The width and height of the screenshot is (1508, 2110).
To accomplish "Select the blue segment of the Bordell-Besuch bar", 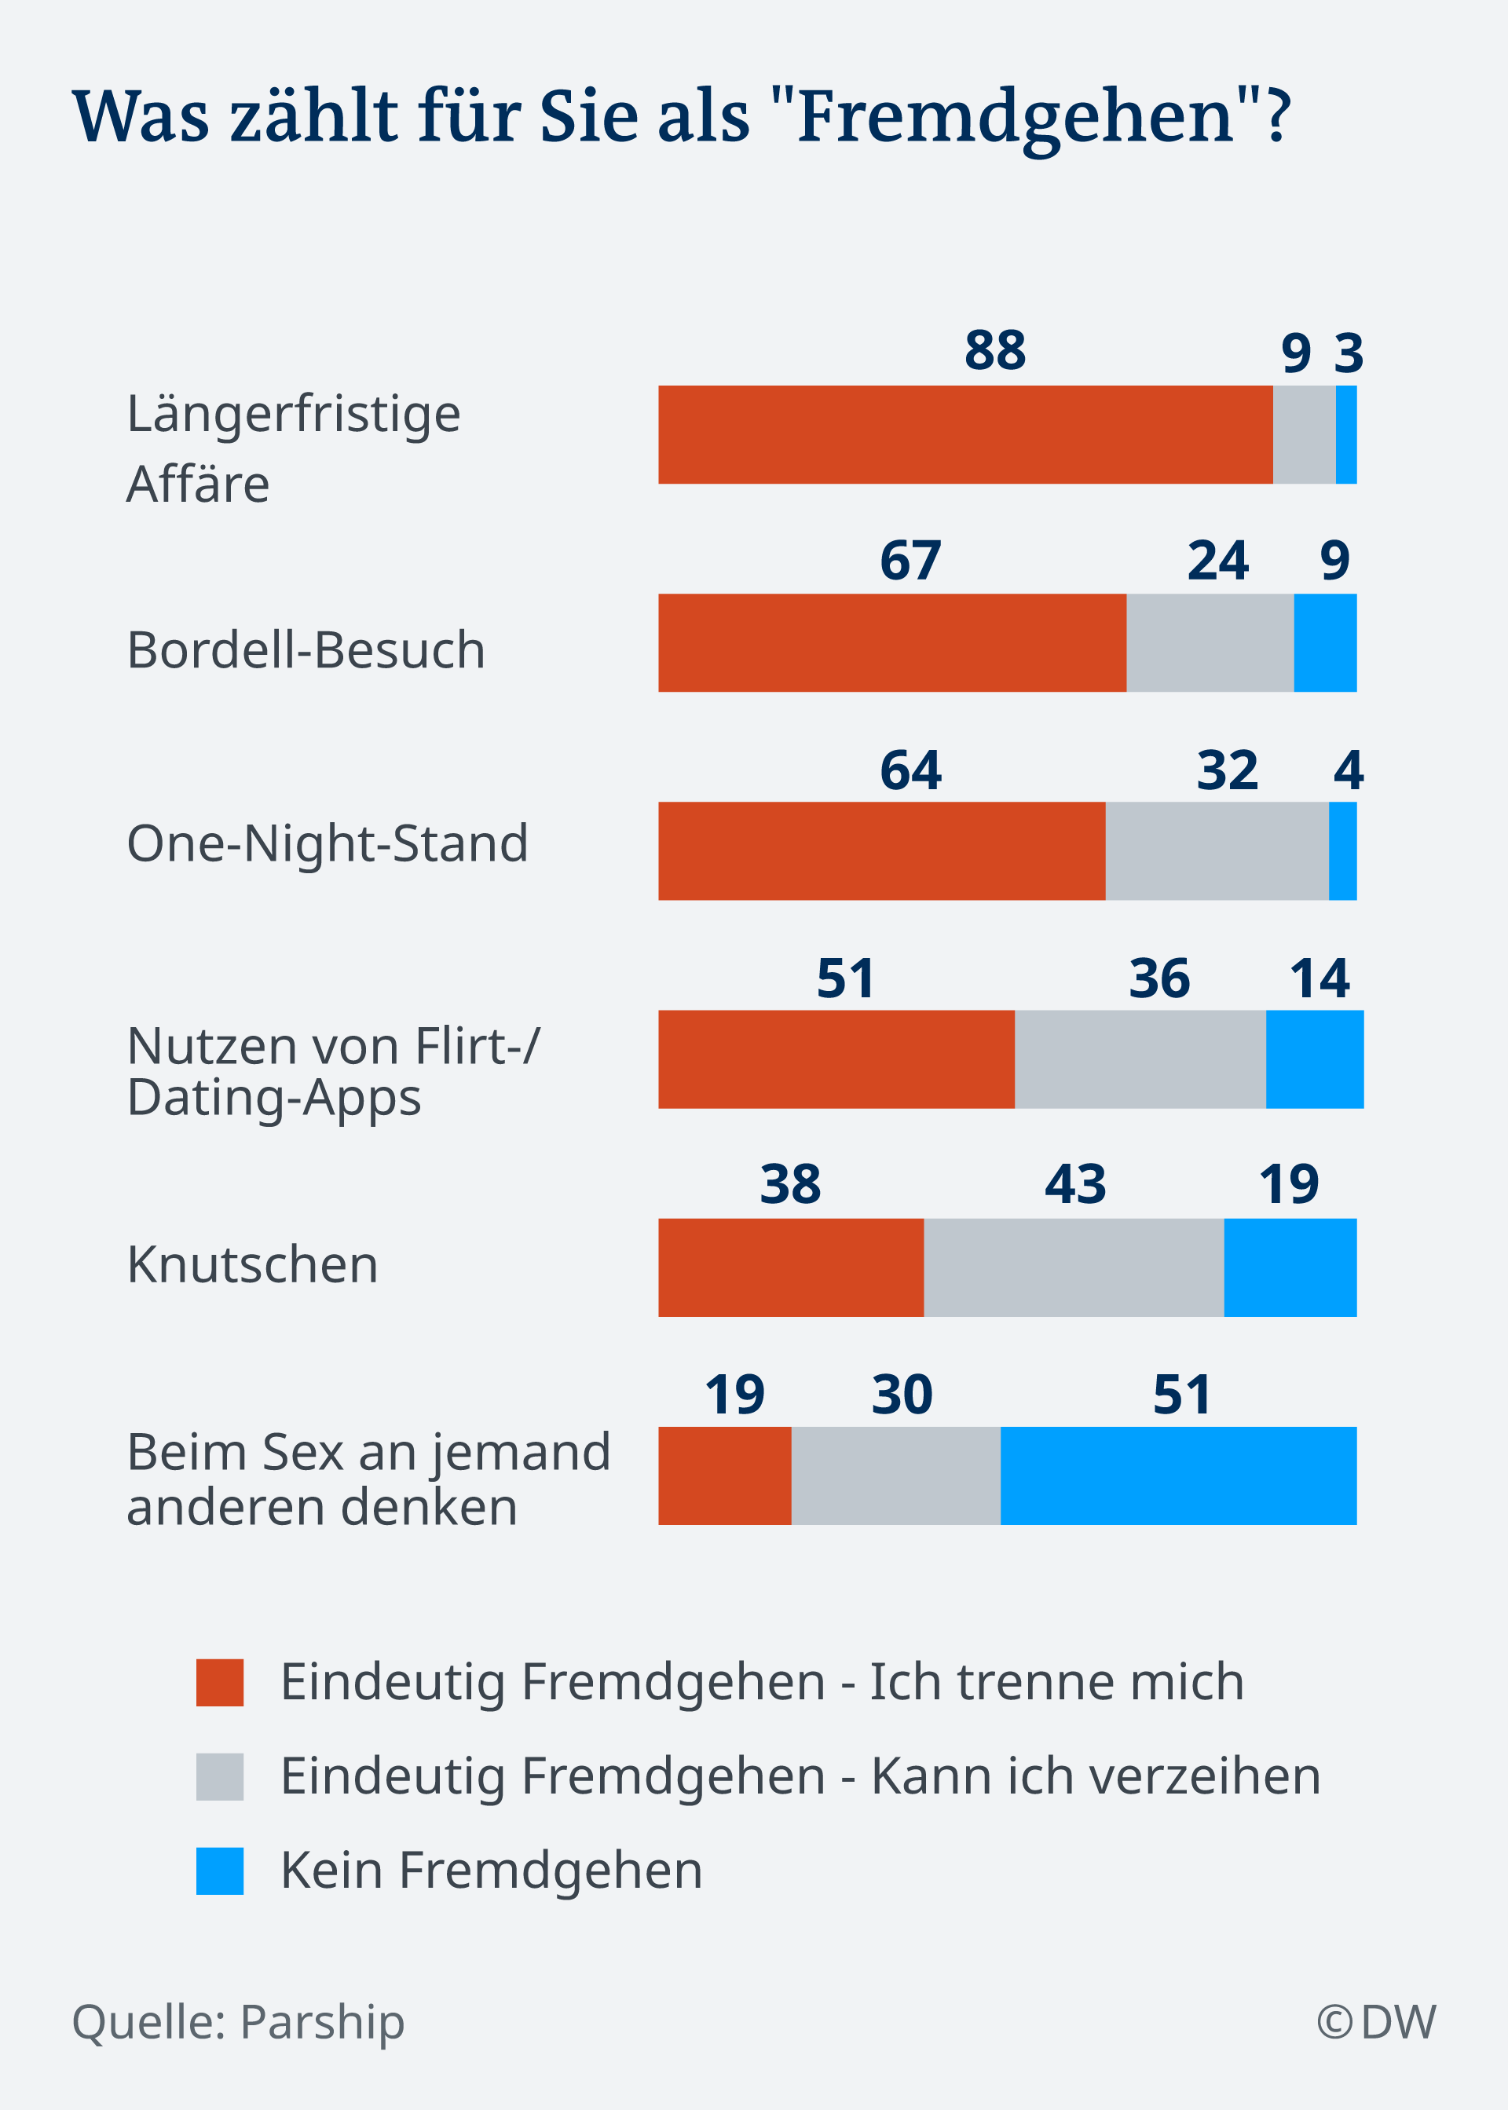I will [x=1324, y=642].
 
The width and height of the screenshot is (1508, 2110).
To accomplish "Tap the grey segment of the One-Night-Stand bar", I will [x=1217, y=850].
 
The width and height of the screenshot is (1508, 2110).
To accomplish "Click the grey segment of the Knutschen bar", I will [x=1074, y=1267].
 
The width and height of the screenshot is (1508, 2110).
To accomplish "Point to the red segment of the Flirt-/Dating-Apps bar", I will [x=836, y=1059].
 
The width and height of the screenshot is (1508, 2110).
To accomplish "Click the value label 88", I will [x=994, y=351].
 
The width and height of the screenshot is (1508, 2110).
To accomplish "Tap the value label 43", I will [x=1074, y=1184].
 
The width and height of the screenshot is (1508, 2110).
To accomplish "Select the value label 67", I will [x=910, y=561].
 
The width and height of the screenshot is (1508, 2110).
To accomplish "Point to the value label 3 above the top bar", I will [x=1349, y=353].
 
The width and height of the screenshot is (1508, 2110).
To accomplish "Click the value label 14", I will [x=1319, y=978].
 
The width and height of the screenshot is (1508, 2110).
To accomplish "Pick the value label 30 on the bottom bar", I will [x=901, y=1395].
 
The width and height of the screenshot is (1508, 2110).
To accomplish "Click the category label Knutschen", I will [x=253, y=1264].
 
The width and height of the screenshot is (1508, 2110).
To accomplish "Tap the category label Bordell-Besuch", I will [x=306, y=649].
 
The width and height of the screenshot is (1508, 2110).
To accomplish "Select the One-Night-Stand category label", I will [x=327, y=843].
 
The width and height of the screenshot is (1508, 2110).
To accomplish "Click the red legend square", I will [x=220, y=1682].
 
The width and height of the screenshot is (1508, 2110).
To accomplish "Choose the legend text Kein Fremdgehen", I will [x=491, y=1870].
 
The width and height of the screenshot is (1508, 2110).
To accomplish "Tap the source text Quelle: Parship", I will [x=239, y=2021].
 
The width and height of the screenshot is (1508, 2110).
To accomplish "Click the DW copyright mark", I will [x=1375, y=2021].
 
